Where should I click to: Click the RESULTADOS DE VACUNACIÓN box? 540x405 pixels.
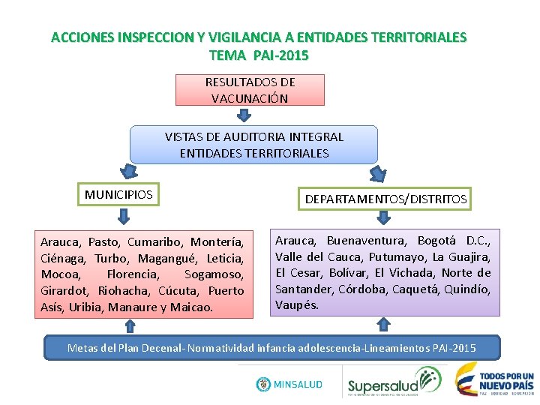pyautogui.click(x=250, y=90)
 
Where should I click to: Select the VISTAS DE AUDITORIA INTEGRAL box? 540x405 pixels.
pyautogui.click(x=253, y=145)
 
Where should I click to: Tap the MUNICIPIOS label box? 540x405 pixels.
pyautogui.click(x=118, y=195)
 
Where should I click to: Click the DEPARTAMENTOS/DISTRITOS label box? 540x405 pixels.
pyautogui.click(x=385, y=199)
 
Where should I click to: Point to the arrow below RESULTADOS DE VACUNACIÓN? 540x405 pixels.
pyautogui.click(x=244, y=115)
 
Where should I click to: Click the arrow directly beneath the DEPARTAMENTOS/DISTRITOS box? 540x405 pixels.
pyautogui.click(x=384, y=217)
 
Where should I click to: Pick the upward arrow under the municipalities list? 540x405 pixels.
pyautogui.click(x=130, y=325)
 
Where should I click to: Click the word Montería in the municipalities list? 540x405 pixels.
pyautogui.click(x=217, y=242)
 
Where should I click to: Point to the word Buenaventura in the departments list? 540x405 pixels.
pyautogui.click(x=367, y=241)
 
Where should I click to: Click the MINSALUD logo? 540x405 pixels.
pyautogui.click(x=289, y=384)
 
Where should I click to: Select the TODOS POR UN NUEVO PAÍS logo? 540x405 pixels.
pyautogui.click(x=496, y=379)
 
